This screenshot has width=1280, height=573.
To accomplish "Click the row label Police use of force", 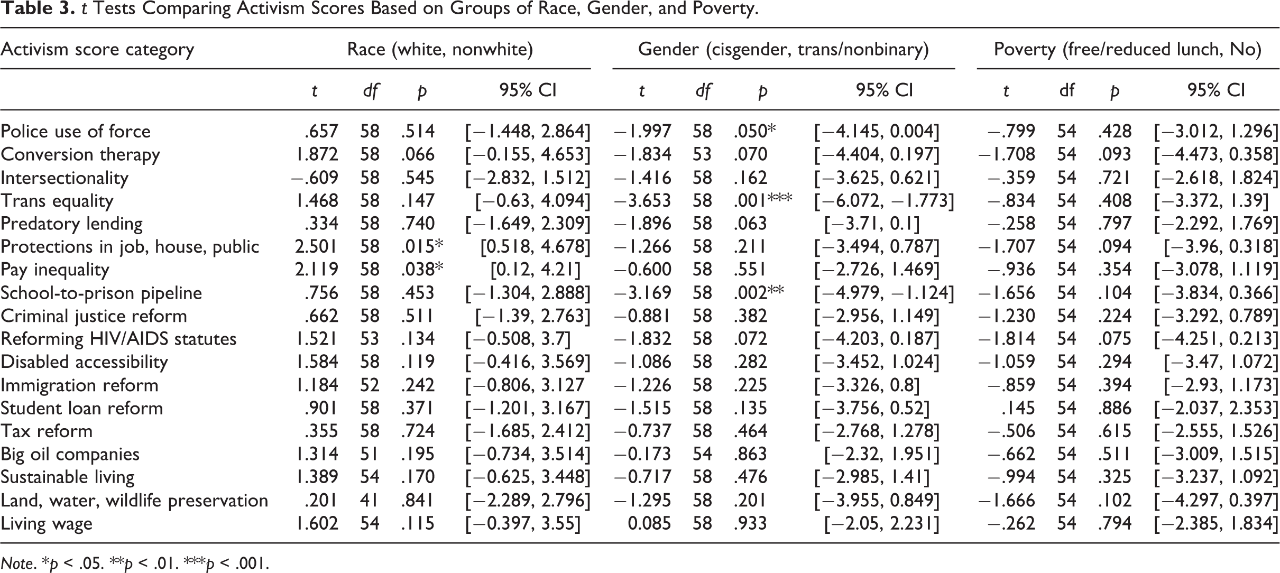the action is click(x=76, y=131).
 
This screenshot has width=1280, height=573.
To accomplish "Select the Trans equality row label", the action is click(x=57, y=201).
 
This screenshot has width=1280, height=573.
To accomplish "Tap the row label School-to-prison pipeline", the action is click(x=102, y=293).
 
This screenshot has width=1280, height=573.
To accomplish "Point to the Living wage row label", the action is click(x=47, y=524).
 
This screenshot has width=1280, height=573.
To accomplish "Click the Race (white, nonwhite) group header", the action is click(x=440, y=49).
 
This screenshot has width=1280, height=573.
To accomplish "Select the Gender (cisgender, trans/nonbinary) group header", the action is click(x=784, y=49).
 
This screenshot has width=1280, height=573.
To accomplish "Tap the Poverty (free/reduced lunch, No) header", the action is click(x=1128, y=49).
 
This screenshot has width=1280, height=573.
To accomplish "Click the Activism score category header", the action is click(x=97, y=50).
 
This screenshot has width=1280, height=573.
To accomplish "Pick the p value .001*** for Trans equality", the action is click(x=763, y=200).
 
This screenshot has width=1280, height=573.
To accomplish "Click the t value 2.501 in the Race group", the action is click(x=316, y=247).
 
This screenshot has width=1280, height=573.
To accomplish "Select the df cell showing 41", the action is click(x=370, y=501).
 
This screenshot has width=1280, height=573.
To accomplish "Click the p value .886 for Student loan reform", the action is click(x=1115, y=408).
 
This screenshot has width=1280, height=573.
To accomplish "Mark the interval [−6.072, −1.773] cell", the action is click(x=885, y=201).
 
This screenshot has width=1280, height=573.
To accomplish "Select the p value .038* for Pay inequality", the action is click(x=422, y=270).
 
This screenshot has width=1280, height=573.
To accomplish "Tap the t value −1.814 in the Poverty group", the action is click(x=1007, y=339).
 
